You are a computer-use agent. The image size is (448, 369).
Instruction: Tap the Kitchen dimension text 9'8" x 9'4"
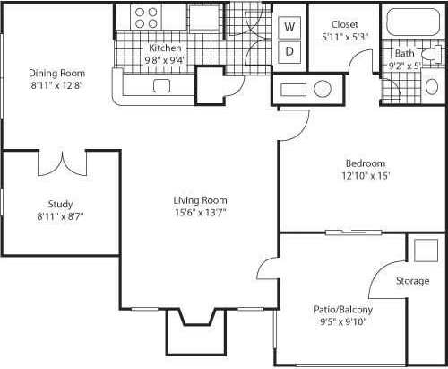(166, 60)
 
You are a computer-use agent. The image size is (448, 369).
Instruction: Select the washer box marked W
(290, 27)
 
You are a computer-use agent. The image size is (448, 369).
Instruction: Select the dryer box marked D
(290, 51)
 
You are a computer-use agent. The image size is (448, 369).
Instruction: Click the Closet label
(345, 24)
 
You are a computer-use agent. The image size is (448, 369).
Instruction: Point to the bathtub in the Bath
(408, 22)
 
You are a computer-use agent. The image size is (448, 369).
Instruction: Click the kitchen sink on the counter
(162, 86)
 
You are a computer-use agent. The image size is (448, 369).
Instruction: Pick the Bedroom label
(366, 163)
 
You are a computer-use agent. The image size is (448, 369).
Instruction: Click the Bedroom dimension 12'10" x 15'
(366, 176)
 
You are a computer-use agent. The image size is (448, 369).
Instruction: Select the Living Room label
(200, 200)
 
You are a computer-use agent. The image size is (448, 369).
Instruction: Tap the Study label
(61, 204)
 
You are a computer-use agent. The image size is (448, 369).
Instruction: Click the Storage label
(413, 281)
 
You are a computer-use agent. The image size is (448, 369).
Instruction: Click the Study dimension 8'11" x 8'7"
(61, 216)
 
